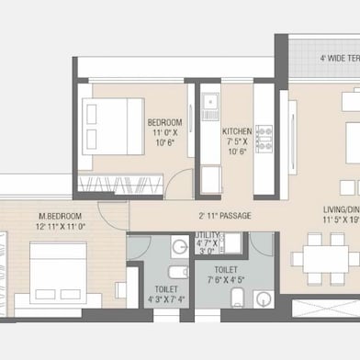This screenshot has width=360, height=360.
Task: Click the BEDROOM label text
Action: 165,122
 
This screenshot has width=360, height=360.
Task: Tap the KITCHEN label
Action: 238,131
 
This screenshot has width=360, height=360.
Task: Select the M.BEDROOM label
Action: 35,215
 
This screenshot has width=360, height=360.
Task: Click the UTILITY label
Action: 207,235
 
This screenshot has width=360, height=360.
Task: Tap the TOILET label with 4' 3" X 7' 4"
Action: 165,287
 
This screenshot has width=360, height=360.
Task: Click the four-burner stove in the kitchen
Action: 264,139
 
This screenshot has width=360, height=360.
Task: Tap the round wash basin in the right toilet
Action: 264,299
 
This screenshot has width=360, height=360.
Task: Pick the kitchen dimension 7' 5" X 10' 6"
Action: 238,147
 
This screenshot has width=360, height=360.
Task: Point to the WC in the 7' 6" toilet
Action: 235,298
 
